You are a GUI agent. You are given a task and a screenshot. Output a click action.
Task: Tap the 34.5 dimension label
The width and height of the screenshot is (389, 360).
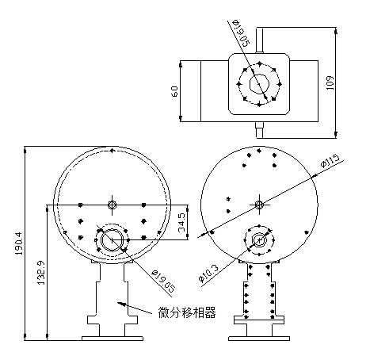[181, 221]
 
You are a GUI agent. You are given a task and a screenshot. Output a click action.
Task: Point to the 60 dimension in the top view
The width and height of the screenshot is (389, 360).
[174, 90]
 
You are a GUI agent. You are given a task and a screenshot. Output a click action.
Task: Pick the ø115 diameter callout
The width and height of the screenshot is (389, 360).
[330, 161]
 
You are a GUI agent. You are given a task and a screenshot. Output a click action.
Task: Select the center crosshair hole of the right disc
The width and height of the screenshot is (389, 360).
[259, 205]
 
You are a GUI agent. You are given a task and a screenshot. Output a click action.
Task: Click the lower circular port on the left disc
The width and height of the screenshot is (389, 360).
[112, 239]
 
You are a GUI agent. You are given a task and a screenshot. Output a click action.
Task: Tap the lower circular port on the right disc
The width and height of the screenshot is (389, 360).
[259, 239]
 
